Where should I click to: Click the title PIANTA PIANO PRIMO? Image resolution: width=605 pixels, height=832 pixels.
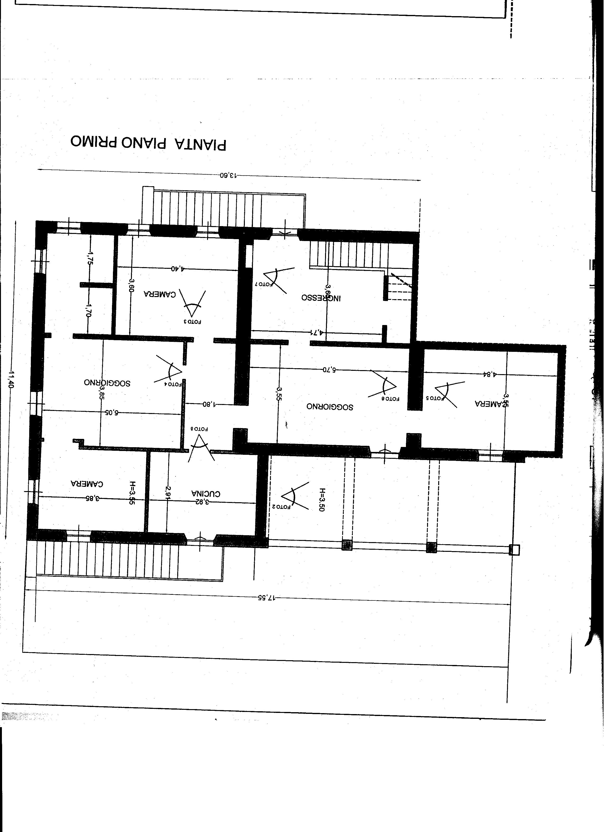click(148, 144)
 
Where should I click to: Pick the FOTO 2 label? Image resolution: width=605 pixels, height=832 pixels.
click(281, 507)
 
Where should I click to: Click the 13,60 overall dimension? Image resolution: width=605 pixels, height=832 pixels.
click(228, 175)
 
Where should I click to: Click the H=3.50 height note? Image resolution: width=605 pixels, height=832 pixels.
click(322, 499)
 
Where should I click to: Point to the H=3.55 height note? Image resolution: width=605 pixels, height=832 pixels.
click(132, 493)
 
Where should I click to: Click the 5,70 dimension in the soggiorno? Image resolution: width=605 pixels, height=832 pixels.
click(329, 369)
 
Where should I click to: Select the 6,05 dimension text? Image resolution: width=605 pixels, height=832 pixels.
click(112, 412)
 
